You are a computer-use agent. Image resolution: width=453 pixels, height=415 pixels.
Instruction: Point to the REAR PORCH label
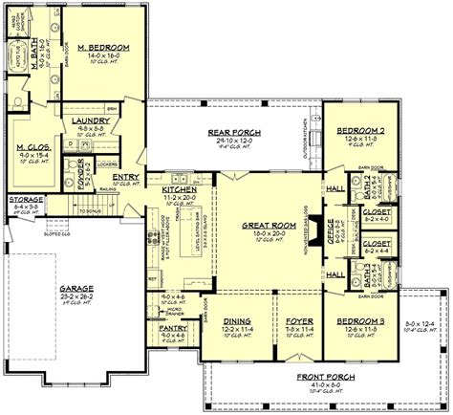pos(233,131)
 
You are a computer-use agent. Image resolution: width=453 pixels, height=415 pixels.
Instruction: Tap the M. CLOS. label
pos(32,146)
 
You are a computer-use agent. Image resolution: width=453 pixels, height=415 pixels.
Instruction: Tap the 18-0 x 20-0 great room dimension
pos(259,232)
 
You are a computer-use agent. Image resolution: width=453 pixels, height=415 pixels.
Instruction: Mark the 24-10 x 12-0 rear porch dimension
pos(233,139)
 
